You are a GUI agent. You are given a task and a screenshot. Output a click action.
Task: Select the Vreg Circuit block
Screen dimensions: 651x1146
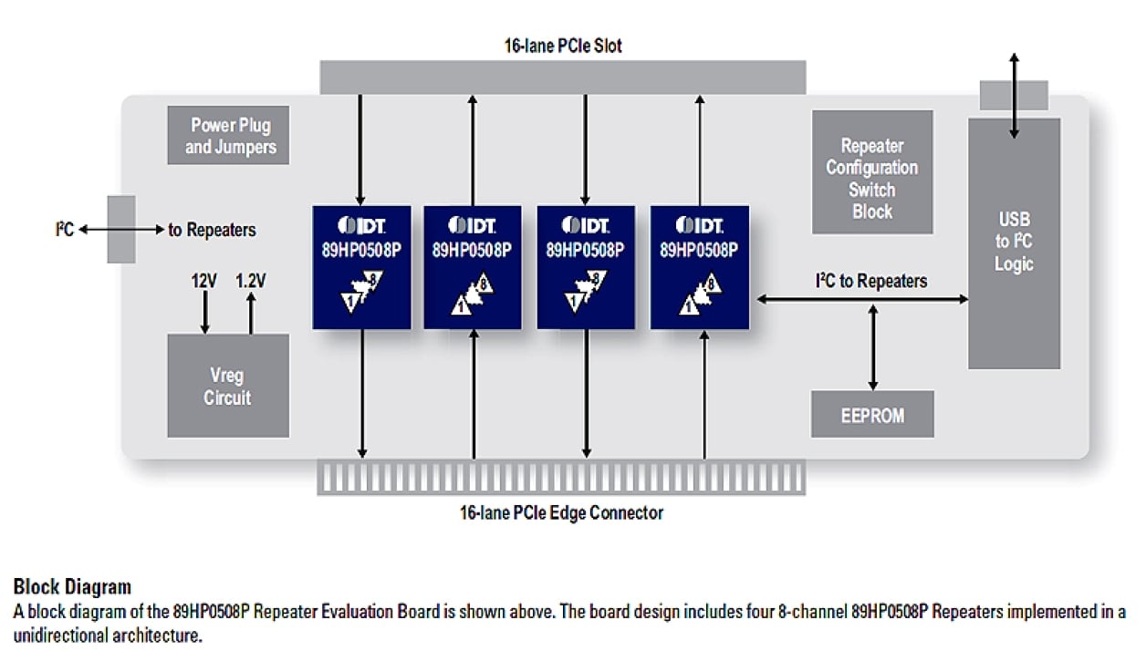click(227, 386)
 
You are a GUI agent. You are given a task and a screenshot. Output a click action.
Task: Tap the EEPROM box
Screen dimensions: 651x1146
click(871, 415)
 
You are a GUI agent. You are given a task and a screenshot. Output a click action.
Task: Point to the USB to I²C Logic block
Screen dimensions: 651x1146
click(1014, 243)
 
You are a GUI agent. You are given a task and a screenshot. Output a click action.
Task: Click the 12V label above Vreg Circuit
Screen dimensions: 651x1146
click(203, 281)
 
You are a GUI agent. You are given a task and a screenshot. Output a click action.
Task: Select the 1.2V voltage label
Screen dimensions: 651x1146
click(250, 281)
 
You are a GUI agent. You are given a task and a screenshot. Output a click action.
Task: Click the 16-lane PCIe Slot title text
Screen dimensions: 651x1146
click(563, 45)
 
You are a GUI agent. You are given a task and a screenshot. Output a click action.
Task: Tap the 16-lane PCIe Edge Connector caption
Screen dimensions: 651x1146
click(561, 512)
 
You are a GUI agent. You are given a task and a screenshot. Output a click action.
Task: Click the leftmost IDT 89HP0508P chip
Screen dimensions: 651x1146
click(361, 266)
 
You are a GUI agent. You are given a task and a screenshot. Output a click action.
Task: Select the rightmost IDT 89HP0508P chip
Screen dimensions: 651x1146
click(700, 266)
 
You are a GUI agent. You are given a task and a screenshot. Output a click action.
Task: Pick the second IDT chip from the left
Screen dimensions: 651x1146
click(473, 266)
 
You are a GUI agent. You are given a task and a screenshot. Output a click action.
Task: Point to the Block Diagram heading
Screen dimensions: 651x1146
click(72, 586)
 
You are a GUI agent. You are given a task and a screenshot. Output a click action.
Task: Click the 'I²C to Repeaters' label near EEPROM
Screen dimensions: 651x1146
click(870, 281)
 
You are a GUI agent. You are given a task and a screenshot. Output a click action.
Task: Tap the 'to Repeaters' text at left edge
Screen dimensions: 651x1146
click(212, 230)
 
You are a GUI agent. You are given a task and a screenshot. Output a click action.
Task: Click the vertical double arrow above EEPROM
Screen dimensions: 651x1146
click(873, 346)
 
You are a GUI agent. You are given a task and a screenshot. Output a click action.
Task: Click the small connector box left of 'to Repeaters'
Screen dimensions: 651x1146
click(120, 229)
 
